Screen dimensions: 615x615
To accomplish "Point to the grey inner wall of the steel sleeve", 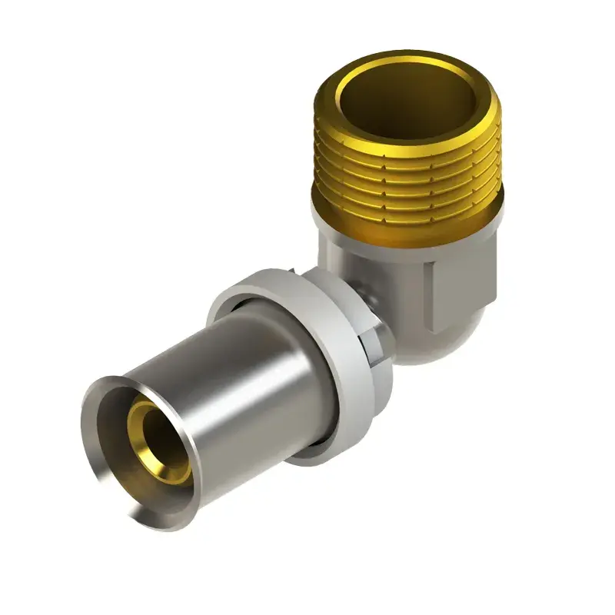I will [123, 461].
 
